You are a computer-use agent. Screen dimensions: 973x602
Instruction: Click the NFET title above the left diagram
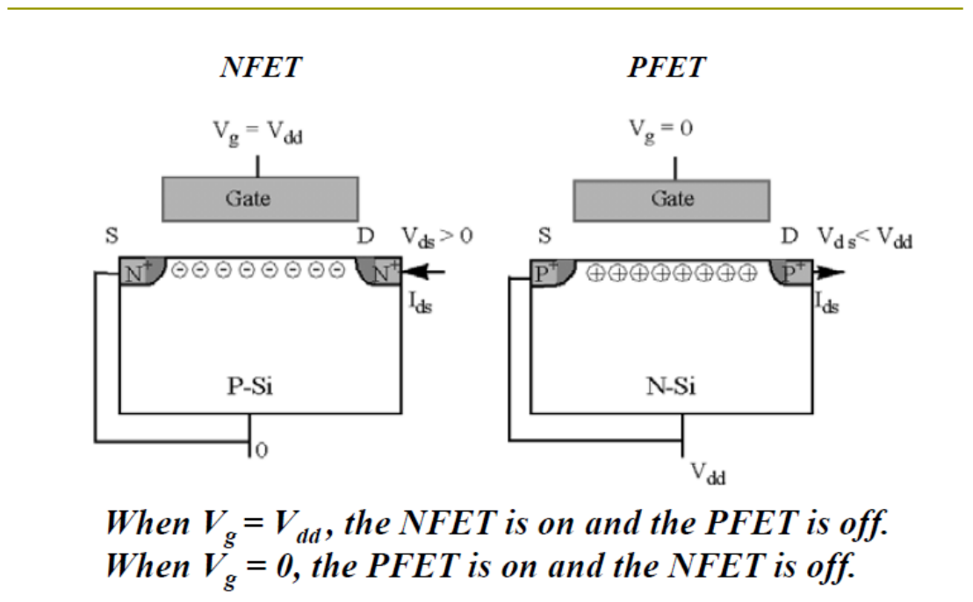pos(261,67)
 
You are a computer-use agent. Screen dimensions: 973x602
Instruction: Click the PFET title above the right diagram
pos(667,67)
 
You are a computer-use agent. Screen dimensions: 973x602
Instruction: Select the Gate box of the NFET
pos(260,199)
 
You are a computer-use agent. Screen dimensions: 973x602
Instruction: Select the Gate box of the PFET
pos(672,200)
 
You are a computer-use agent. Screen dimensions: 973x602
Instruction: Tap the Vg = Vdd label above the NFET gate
pos(257,132)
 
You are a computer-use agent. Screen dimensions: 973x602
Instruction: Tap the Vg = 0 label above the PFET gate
pos(661,130)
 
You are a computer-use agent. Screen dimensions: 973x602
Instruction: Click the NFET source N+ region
pos(141,271)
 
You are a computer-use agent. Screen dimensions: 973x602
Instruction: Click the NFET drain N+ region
pos(379,271)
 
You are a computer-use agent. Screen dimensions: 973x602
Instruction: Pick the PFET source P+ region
pos(551,272)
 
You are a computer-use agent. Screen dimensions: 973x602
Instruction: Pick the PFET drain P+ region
pos(791,272)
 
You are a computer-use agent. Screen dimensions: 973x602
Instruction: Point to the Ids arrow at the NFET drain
pos(423,271)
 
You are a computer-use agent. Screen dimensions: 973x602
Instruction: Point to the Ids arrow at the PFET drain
pos(828,271)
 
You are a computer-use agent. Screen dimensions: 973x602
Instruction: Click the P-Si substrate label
pos(250,386)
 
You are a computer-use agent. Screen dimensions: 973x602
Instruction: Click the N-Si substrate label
pos(671,386)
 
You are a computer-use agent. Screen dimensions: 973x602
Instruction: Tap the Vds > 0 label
pos(436,237)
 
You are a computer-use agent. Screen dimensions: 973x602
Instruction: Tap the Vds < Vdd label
pos(864,238)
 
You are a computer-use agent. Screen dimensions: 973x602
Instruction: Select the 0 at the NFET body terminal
pos(262,450)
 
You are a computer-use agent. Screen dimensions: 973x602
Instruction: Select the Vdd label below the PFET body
pos(708,474)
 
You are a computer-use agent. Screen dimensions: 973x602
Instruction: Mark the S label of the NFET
pos(112,235)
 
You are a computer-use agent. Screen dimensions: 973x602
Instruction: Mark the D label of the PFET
pos(789,235)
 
